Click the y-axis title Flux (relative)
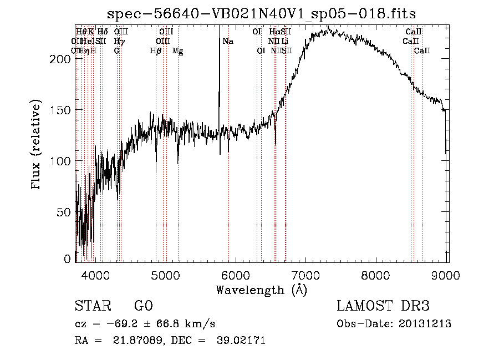(x=37, y=145)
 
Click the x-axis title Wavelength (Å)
(x=261, y=290)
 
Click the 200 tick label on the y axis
(x=64, y=59)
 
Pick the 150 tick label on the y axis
(x=64, y=110)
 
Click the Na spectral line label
(x=228, y=42)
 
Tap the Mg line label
(x=177, y=51)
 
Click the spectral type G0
(x=143, y=307)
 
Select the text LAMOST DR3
(x=383, y=307)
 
